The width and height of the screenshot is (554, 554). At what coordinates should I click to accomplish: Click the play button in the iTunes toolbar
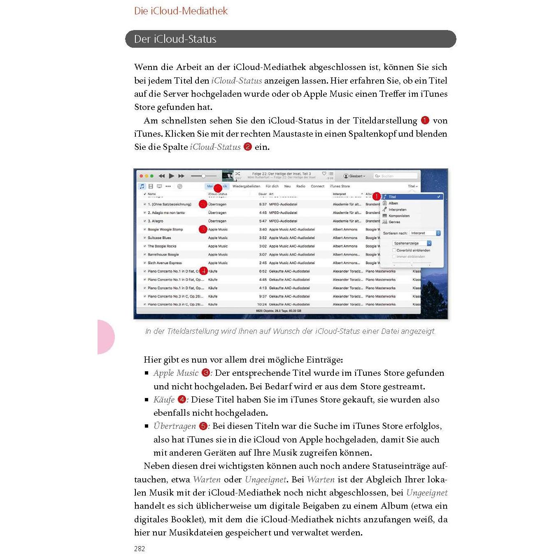(x=172, y=176)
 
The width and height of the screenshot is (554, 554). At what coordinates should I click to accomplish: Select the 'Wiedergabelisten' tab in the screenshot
(x=246, y=186)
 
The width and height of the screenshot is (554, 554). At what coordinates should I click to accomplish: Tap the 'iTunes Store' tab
(x=340, y=186)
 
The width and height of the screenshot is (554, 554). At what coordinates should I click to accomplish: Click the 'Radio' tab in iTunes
(x=301, y=186)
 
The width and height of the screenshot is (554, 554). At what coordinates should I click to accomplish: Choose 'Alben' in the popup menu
(x=393, y=203)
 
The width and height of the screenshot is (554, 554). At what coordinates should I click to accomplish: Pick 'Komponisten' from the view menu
(x=399, y=216)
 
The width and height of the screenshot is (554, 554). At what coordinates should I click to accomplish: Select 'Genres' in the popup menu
(x=394, y=222)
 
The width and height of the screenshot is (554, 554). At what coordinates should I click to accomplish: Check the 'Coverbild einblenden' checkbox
(x=394, y=250)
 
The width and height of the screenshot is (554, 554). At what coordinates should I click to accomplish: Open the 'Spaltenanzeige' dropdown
(x=412, y=243)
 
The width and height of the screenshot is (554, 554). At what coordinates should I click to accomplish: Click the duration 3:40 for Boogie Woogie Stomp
(x=263, y=229)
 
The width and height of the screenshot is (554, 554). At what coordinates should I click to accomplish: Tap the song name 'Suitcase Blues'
(x=159, y=238)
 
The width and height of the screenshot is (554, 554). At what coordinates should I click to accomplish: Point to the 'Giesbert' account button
(x=354, y=176)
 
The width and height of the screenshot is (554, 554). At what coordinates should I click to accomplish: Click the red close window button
(x=141, y=176)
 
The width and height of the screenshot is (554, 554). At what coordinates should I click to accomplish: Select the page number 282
(x=140, y=549)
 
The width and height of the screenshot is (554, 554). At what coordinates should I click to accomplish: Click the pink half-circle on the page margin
(x=105, y=337)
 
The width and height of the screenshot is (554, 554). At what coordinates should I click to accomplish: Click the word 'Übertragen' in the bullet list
(x=175, y=426)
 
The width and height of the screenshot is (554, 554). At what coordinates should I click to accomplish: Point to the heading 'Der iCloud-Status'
(x=175, y=39)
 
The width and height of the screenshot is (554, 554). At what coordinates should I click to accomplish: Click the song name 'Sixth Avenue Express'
(x=165, y=263)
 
